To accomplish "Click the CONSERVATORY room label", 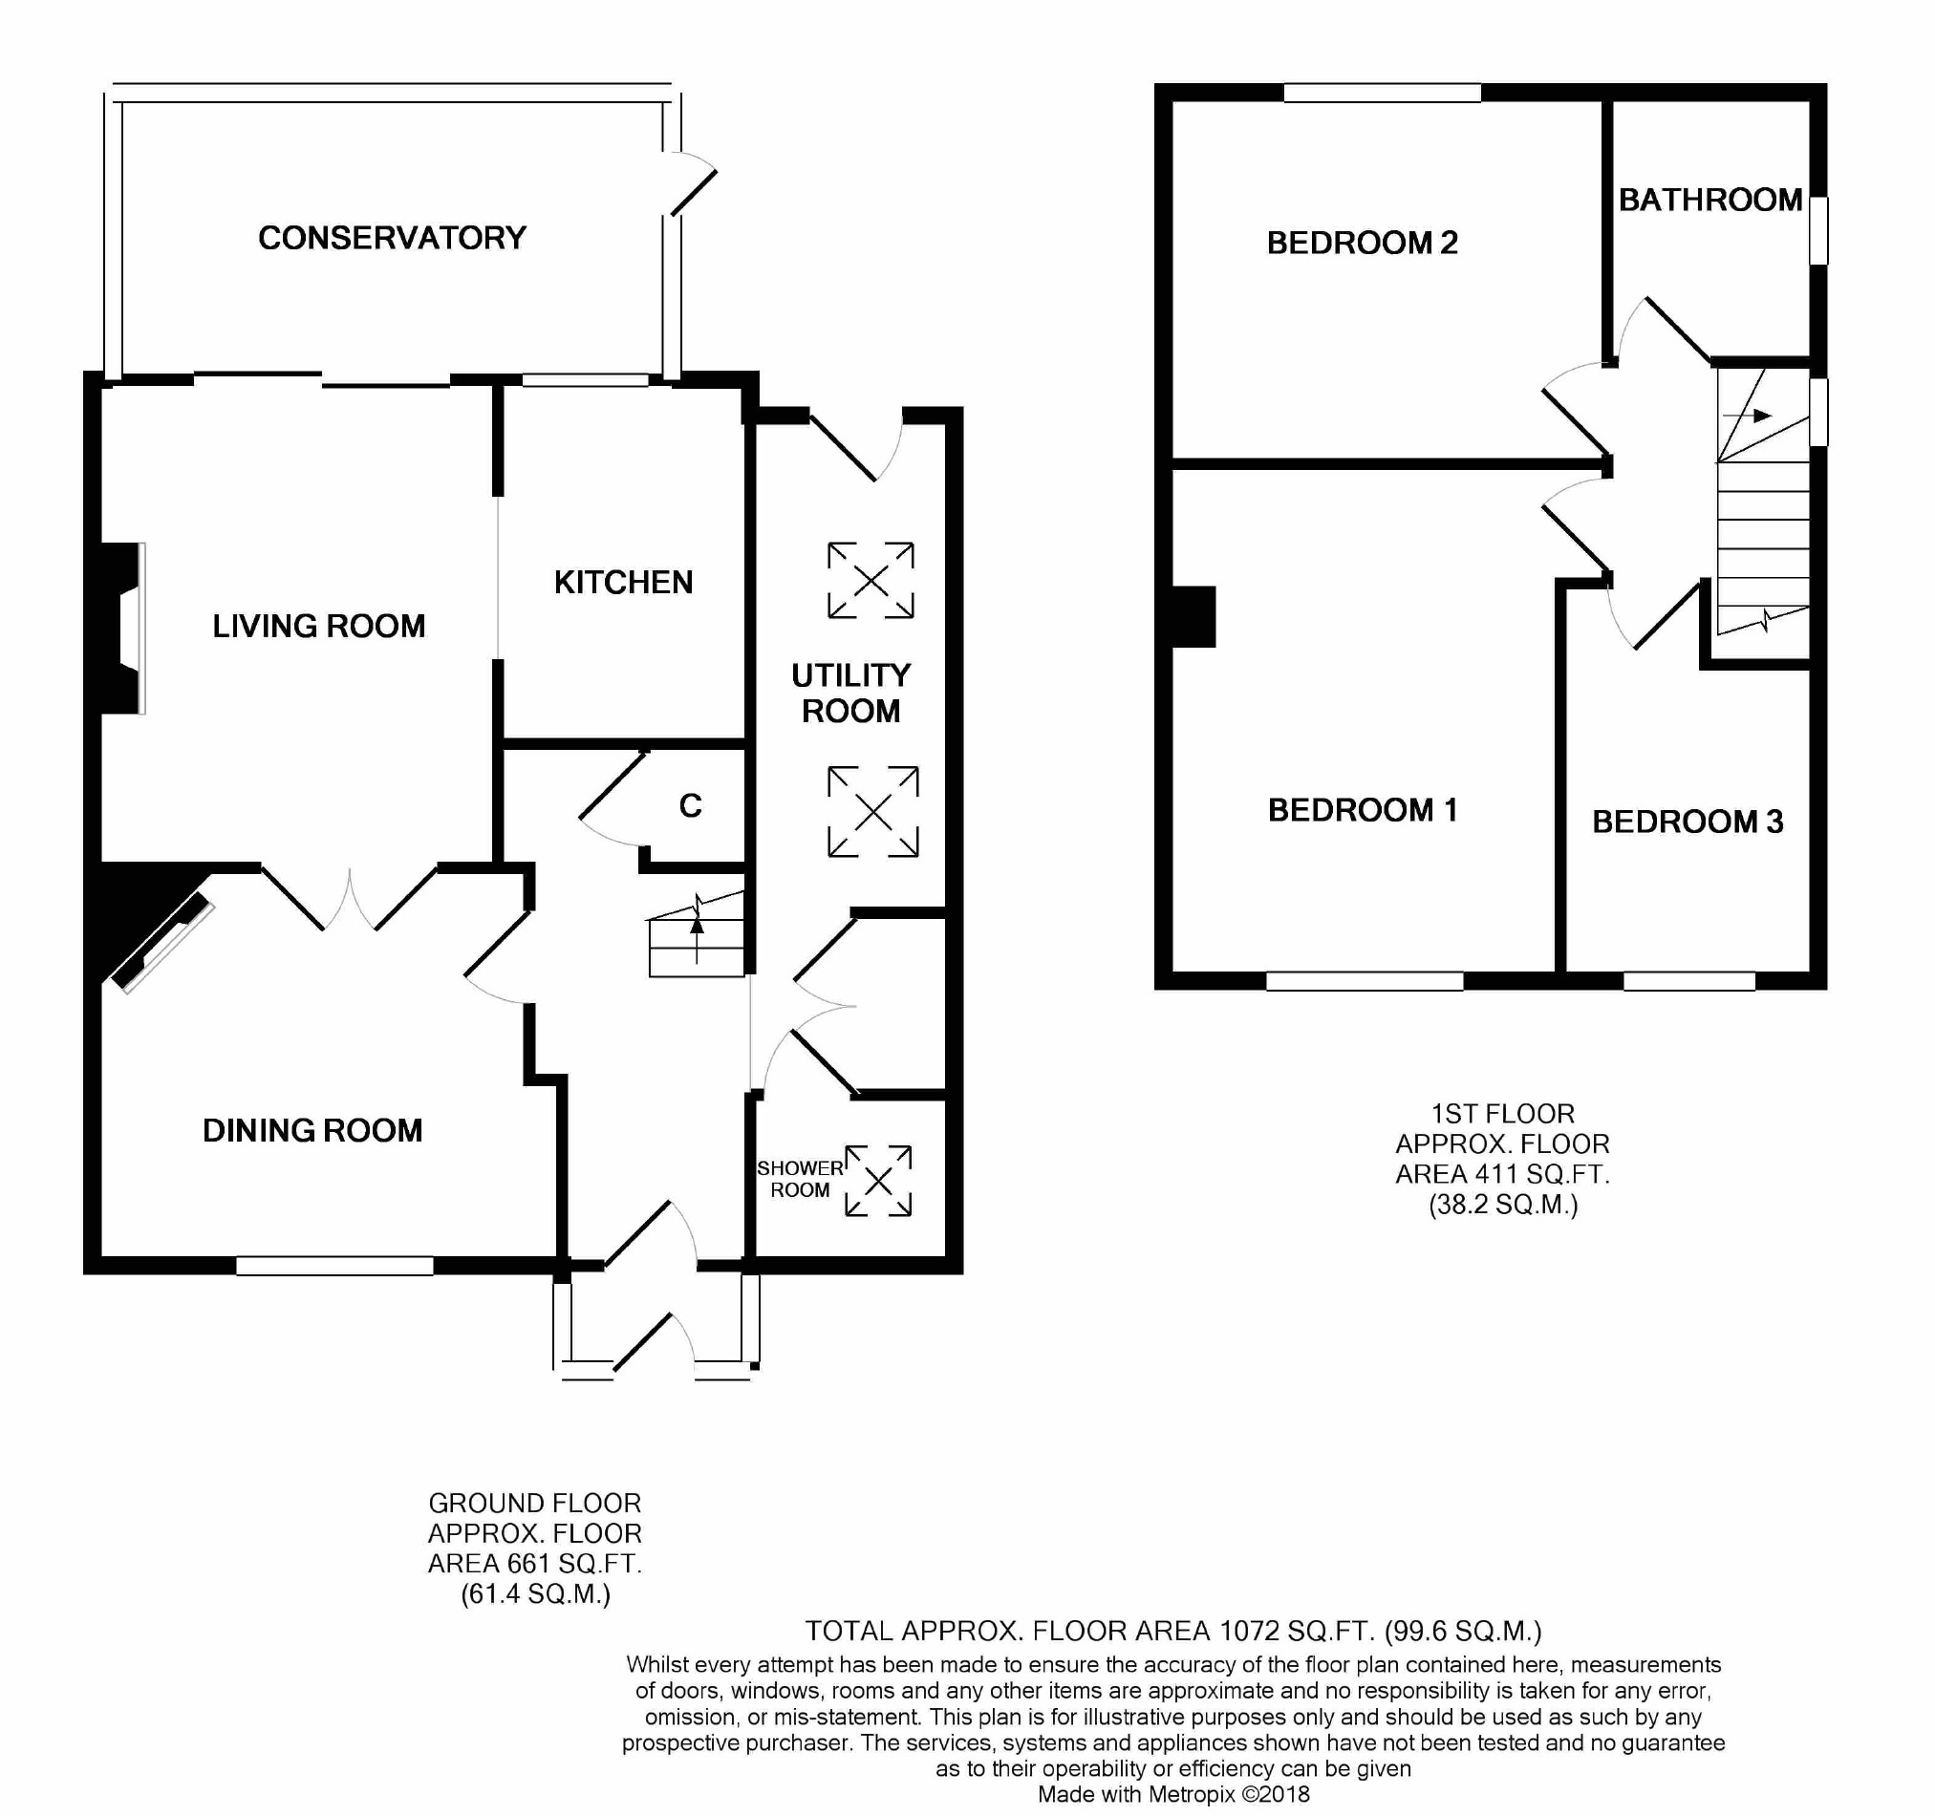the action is point(393,238).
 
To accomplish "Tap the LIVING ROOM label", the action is point(319,626).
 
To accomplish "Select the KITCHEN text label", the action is point(624,582).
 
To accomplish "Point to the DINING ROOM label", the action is point(312,1130).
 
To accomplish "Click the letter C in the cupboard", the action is point(690,806).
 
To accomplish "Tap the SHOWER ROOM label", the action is point(800,1179).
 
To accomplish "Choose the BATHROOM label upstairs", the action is point(1710,200).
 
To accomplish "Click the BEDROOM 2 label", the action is point(1363,243).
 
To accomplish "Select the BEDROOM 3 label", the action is point(1688,822).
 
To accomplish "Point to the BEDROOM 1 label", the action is point(1363,810).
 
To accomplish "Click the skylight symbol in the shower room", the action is point(879,1181).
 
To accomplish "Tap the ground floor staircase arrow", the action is point(697,929).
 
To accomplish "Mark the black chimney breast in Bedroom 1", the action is point(1194,617).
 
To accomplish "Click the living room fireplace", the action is point(122,629).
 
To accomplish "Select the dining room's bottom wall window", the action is point(334,1265).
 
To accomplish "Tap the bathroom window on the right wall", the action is point(1818,230).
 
